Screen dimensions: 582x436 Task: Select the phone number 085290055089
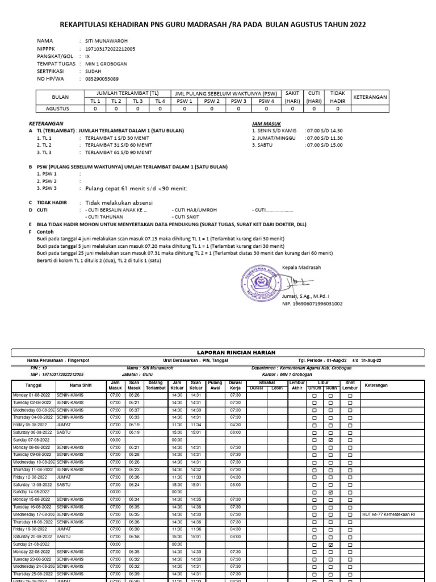coord(102,80)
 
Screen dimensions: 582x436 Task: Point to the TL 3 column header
coord(137,101)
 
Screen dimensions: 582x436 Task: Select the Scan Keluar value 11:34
coord(196,425)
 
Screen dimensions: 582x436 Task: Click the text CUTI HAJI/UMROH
coord(194,210)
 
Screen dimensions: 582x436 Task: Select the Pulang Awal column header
coord(215,385)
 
